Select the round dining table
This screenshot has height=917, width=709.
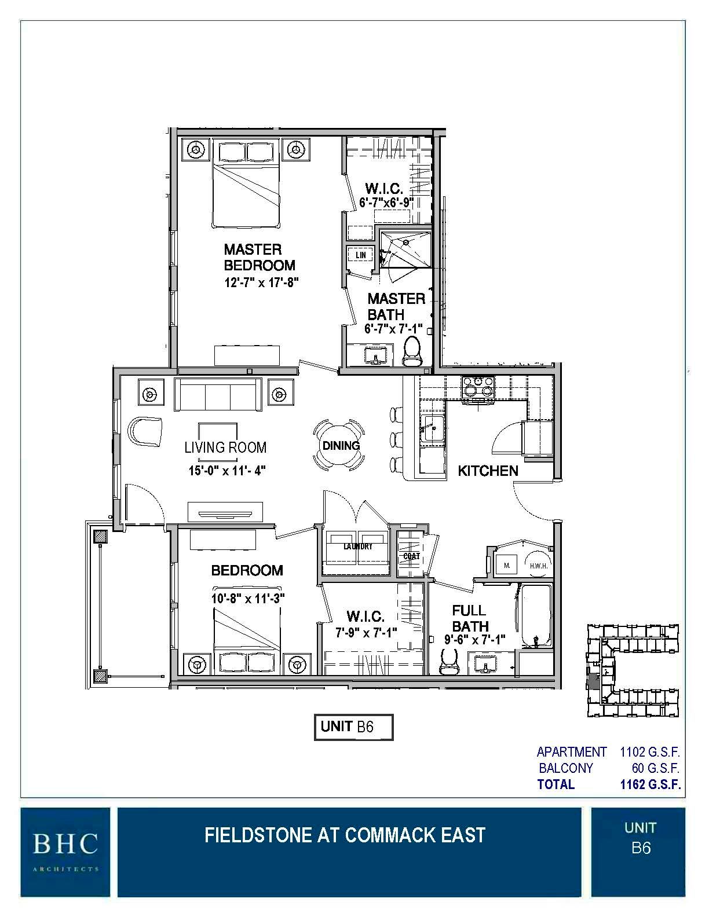tap(341, 445)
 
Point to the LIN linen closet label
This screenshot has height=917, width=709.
tap(360, 255)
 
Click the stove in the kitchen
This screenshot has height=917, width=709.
tap(477, 390)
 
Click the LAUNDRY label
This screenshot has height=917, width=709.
tap(357, 546)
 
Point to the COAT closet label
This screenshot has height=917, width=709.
tap(411, 556)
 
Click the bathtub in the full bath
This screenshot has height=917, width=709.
tap(537, 617)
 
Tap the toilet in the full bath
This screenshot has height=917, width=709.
tap(449, 661)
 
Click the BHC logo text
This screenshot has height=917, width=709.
tap(65, 844)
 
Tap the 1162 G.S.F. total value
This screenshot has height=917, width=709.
tap(649, 784)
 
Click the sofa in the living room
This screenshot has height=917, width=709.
tap(218, 394)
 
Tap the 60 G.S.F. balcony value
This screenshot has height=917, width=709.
tap(655, 768)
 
